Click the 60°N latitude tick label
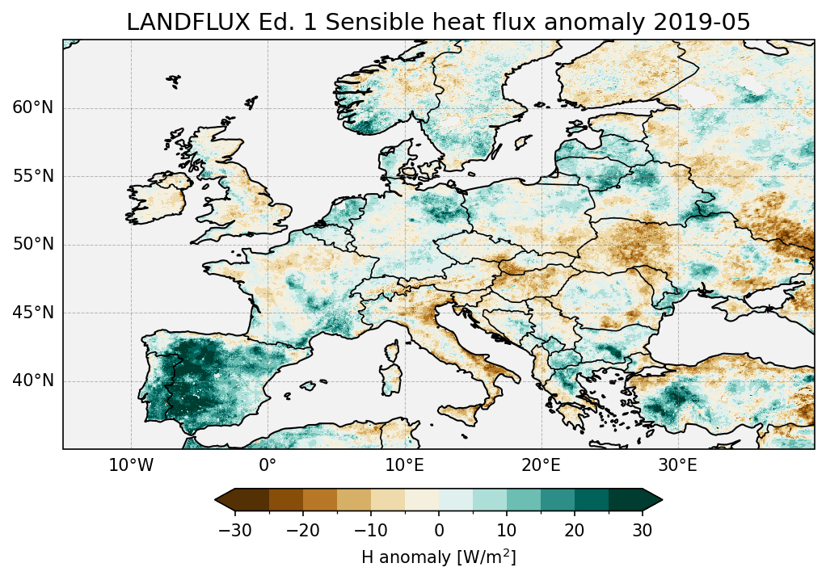33,108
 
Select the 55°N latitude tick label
33,176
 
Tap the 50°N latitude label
33,245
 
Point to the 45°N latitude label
33,313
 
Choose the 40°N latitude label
33,380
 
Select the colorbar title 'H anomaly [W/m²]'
439,557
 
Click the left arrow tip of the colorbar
217,501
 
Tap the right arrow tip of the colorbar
661,501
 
